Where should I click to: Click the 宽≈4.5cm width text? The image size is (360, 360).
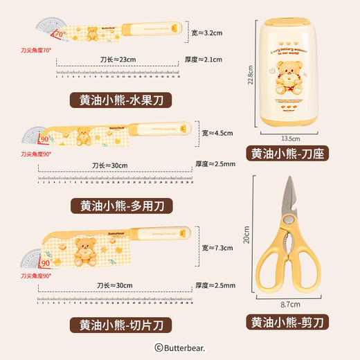pyautogui.click(x=216, y=133)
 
